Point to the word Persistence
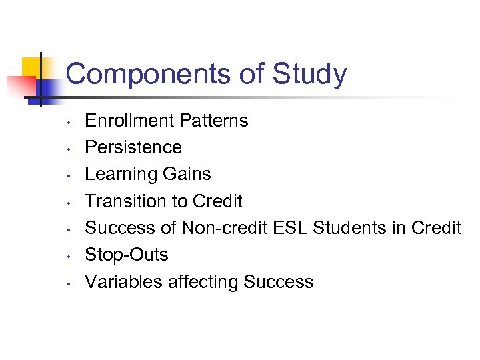point(133,147)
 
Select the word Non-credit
point(223,228)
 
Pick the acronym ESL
point(291,228)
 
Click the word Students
point(348,228)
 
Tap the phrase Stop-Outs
point(127,255)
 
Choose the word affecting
point(201,282)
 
